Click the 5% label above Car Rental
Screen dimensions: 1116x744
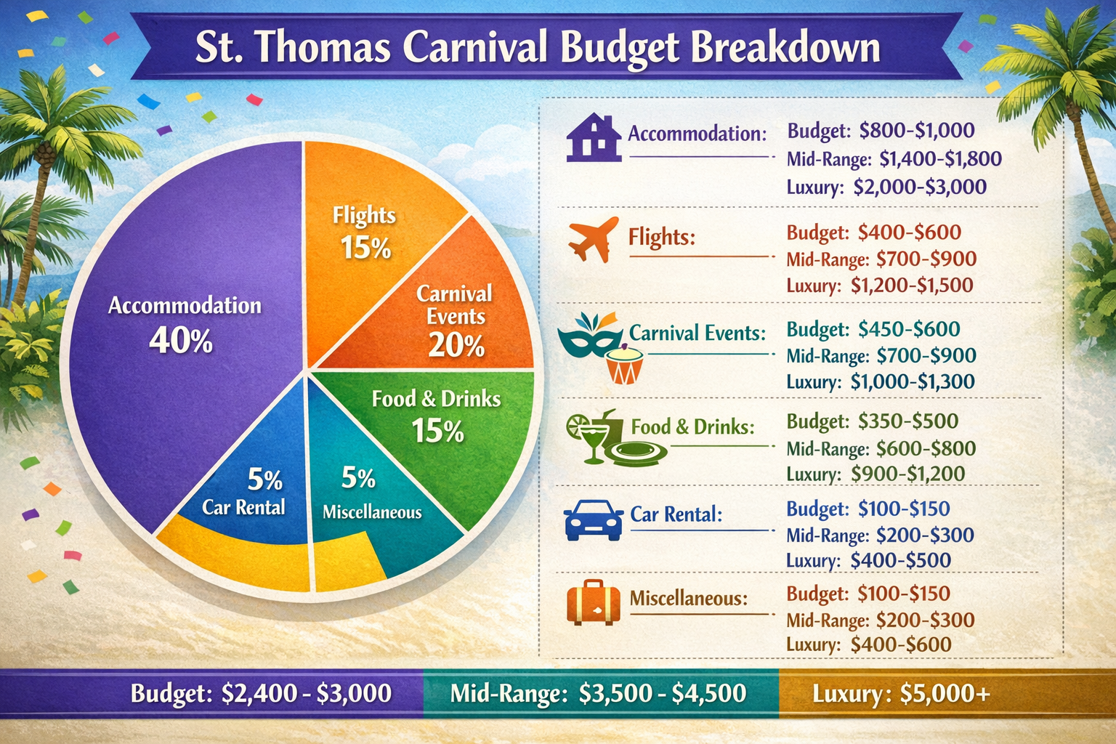(265, 480)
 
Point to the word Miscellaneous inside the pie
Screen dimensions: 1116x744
(372, 512)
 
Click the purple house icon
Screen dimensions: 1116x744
(594, 137)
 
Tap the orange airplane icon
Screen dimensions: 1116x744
(594, 239)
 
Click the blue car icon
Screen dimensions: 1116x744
(594, 520)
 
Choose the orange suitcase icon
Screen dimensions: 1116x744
(594, 602)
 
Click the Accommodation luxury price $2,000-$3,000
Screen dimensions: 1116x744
(920, 187)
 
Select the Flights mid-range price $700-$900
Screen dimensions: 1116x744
(926, 259)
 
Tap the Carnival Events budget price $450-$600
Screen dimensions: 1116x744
(909, 329)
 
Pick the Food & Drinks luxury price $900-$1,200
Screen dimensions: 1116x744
(907, 474)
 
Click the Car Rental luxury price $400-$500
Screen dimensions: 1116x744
(901, 560)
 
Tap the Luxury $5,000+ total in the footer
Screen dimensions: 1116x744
(901, 694)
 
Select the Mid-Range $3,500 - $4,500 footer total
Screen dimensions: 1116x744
(598, 694)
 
